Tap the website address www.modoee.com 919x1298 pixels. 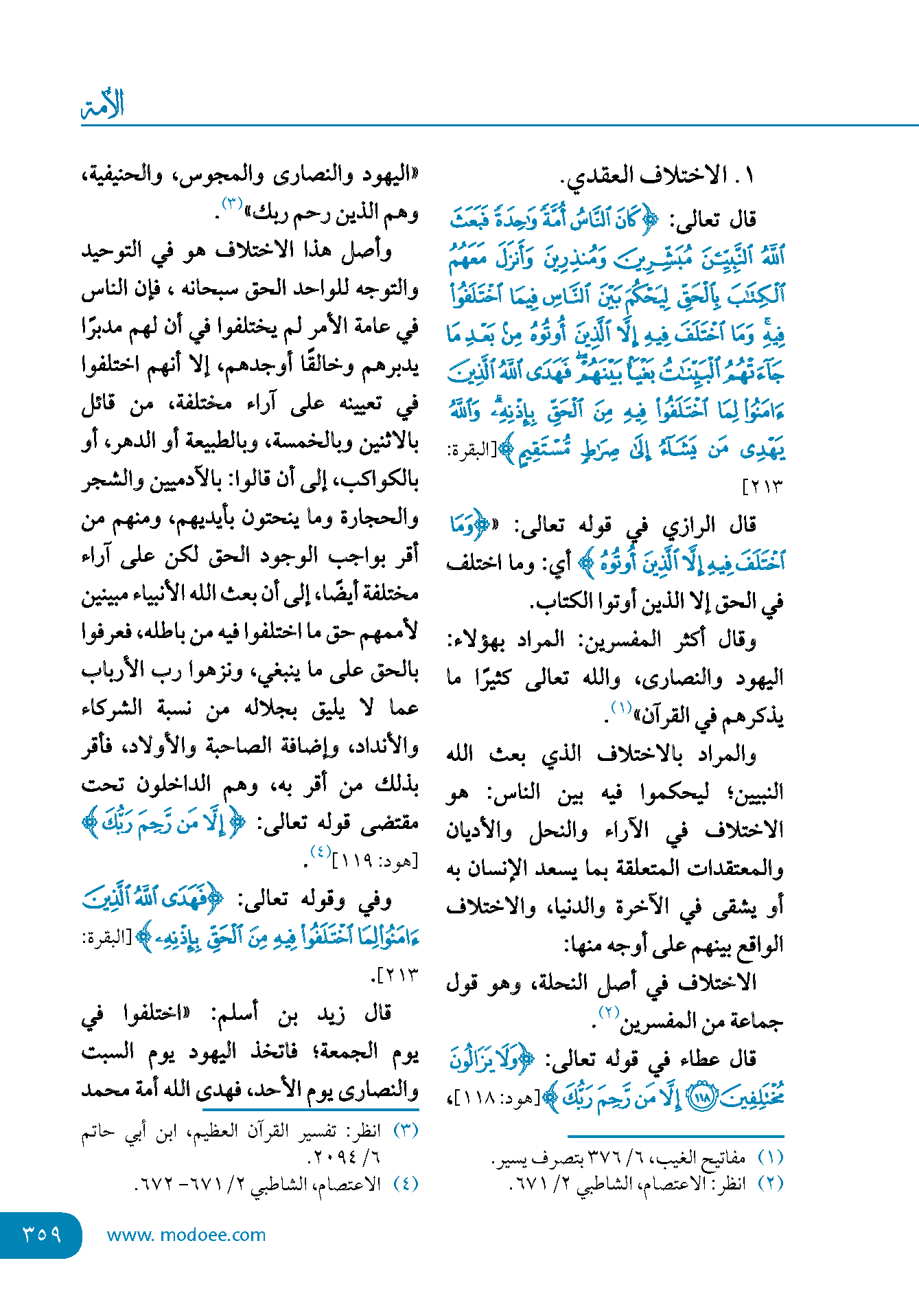(186, 1235)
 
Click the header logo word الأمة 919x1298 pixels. (103, 105)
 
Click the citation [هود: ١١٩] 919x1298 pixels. (374, 860)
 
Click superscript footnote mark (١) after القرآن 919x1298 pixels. (622, 707)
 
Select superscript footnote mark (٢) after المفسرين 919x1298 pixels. (608, 1012)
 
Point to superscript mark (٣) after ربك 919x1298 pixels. (232, 204)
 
